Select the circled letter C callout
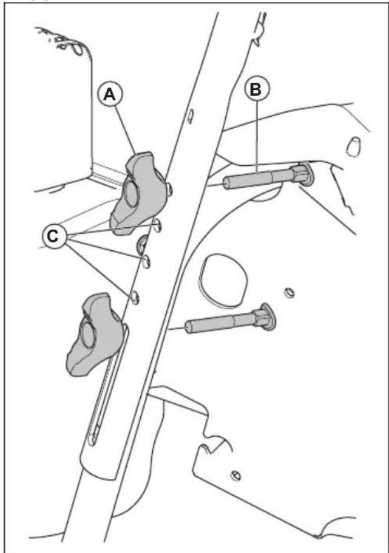(x=55, y=238)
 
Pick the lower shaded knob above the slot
(x=94, y=334)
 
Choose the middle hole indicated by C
(x=147, y=260)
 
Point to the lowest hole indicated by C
(x=135, y=297)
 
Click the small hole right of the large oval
(x=288, y=293)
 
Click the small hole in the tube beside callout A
(x=190, y=116)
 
